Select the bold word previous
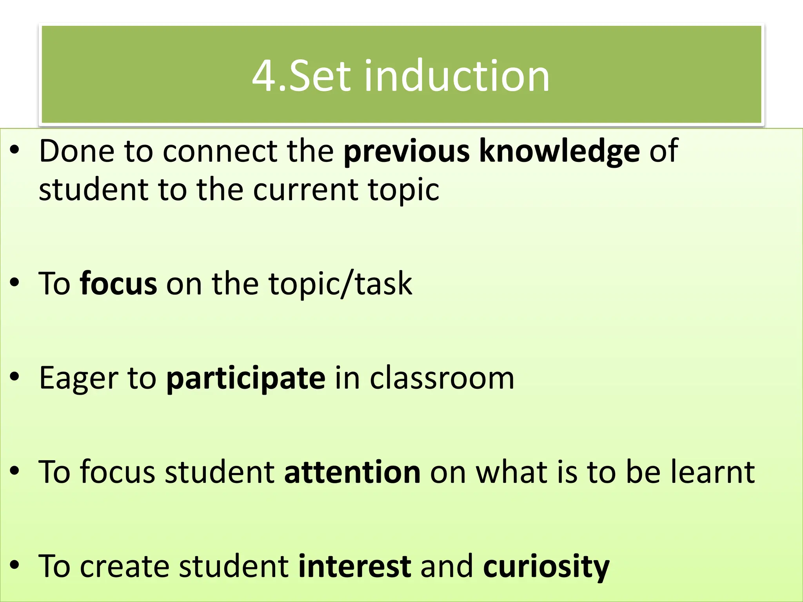coord(406,151)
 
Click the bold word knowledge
coord(560,151)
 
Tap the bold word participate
coord(246,378)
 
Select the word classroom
coord(442,378)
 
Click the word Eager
coord(78,378)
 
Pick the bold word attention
coord(352,472)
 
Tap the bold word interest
coord(355,566)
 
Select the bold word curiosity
coord(546,567)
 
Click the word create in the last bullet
coord(125,566)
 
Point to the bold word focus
coord(118,283)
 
